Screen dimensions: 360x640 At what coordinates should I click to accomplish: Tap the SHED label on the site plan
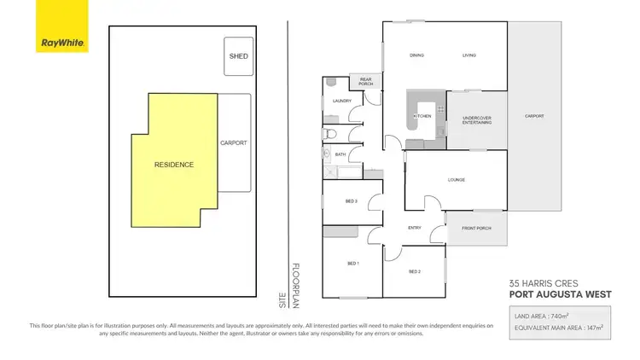click(237, 57)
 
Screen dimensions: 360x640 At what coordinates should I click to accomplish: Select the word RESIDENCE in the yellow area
click(174, 164)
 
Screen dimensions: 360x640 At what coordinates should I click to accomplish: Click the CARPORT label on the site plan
click(233, 142)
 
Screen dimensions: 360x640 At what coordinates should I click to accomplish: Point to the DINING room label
click(416, 55)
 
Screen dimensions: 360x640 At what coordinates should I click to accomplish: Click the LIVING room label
click(468, 55)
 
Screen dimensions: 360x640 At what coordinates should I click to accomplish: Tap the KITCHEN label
click(422, 116)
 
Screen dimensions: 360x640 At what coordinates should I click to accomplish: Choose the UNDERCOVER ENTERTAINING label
click(476, 120)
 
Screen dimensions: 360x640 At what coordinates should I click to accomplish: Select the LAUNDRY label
click(342, 101)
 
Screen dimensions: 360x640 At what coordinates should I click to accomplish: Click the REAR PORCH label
click(366, 83)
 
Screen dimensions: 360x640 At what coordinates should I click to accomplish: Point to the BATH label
click(340, 154)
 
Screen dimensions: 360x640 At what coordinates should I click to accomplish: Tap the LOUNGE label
click(456, 179)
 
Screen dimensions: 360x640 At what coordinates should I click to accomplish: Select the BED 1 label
click(352, 264)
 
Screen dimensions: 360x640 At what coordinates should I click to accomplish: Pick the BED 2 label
click(415, 271)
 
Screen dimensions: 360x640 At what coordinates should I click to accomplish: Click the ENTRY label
click(415, 227)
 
